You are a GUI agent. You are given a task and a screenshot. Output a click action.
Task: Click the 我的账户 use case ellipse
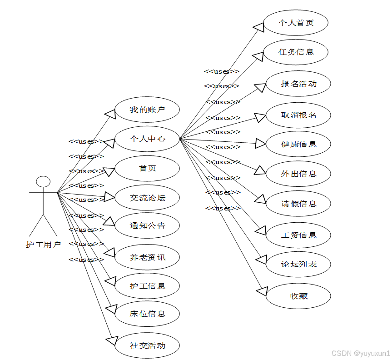[x=147, y=110]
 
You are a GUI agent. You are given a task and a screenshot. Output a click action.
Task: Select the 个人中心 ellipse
[x=147, y=139]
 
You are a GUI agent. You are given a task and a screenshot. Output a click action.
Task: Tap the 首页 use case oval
[x=147, y=168]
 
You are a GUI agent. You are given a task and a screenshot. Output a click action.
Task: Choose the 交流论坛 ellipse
[x=147, y=198]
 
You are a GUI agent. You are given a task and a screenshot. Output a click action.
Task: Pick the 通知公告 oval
[x=147, y=225]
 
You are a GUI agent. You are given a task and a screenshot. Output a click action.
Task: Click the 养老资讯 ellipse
[x=147, y=257]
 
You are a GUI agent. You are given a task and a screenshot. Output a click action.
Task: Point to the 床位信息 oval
[x=147, y=314]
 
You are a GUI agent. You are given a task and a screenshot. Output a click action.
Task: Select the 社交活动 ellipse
[x=147, y=345]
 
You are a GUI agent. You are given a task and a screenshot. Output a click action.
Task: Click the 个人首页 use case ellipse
[x=296, y=22]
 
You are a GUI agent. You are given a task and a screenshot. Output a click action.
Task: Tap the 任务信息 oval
[x=296, y=52]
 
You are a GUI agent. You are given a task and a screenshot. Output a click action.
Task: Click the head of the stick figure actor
[x=43, y=181]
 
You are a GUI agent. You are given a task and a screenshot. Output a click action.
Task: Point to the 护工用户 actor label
[x=43, y=245]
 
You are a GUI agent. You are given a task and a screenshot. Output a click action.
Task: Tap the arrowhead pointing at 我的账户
[x=110, y=113]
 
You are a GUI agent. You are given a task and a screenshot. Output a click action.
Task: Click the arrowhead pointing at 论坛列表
[x=261, y=260]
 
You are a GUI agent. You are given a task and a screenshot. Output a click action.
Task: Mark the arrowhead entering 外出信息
[x=260, y=171]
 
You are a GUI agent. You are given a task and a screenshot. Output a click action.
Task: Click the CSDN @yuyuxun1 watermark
[x=361, y=353]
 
